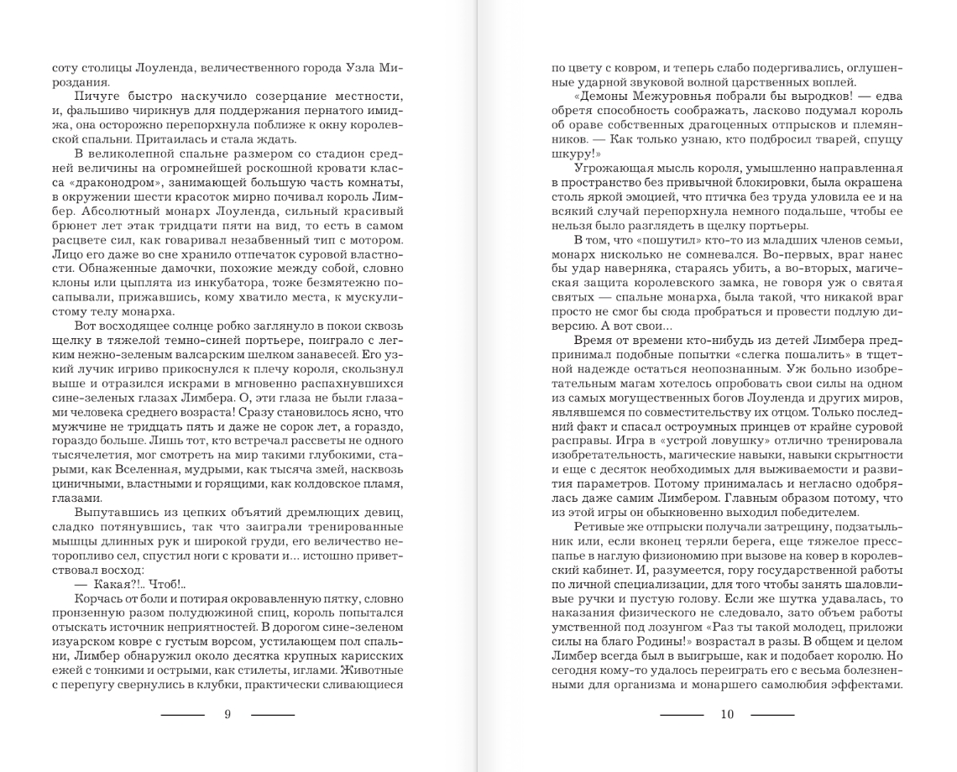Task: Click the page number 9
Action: [x=227, y=715]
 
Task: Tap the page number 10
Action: [x=727, y=715]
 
